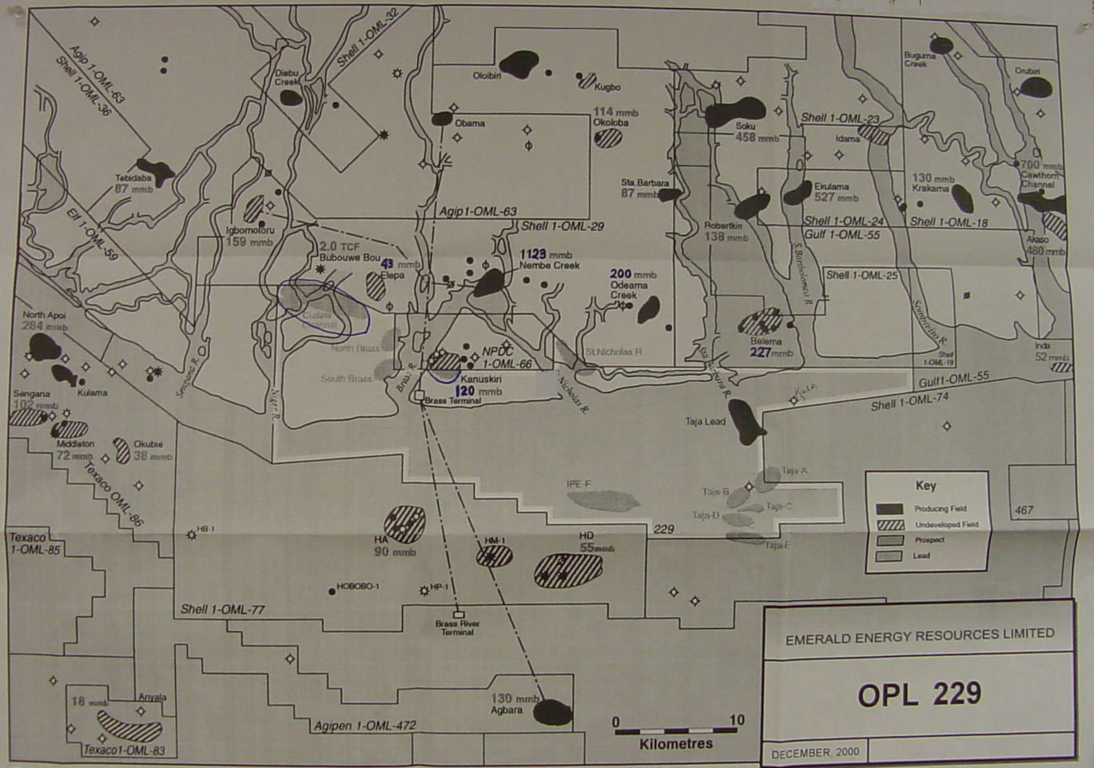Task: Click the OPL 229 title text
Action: pyautogui.click(x=919, y=694)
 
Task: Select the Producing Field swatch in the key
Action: pyautogui.click(x=889, y=509)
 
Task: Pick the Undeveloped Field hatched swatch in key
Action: pyautogui.click(x=889, y=525)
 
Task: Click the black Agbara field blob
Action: pyautogui.click(x=552, y=711)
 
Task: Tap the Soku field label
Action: pyautogui.click(x=746, y=126)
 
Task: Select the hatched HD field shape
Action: pyautogui.click(x=568, y=570)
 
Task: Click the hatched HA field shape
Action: pyautogui.click(x=404, y=523)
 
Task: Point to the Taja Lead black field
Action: pyautogui.click(x=746, y=422)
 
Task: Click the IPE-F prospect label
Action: pyautogui.click(x=578, y=484)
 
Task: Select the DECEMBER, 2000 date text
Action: pyautogui.click(x=814, y=753)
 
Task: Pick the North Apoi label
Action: pyautogui.click(x=45, y=316)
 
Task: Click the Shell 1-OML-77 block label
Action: pyautogui.click(x=222, y=610)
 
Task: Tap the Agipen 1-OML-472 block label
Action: pyautogui.click(x=364, y=726)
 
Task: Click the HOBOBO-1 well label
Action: pyautogui.click(x=357, y=587)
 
